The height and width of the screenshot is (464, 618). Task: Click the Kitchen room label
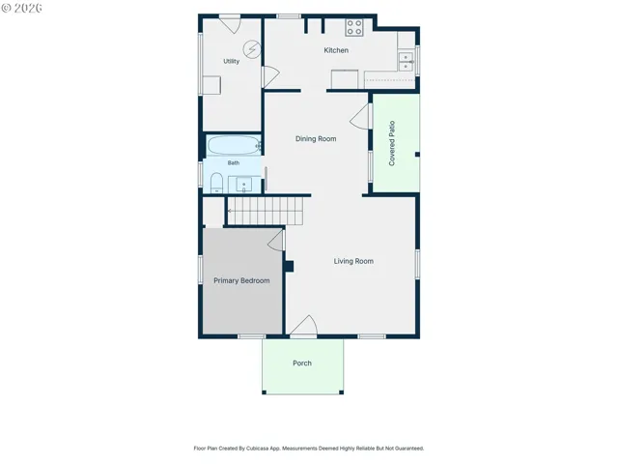pos(336,50)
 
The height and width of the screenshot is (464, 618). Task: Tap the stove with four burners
pos(354,28)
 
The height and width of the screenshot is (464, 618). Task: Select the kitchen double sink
pos(406,62)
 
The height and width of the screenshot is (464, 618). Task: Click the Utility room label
pos(231,61)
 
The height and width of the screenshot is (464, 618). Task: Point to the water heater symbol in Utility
pos(252,49)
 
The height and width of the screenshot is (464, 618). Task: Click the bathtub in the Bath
pos(234,145)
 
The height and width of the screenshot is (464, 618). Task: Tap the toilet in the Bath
pos(216,183)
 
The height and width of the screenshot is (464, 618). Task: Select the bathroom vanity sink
pos(243,185)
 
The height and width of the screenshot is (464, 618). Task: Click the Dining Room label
pos(316,139)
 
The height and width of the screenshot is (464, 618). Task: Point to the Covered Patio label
pos(392,143)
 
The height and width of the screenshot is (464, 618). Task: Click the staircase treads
pos(266,211)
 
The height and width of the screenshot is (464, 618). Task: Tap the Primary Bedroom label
pos(241,280)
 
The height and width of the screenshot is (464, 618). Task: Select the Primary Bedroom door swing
pos(276,241)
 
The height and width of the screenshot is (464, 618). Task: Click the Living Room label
pos(353,261)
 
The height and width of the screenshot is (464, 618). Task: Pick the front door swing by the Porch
pos(304,326)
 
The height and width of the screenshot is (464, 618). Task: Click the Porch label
pos(302,363)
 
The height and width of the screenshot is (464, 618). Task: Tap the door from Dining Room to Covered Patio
pos(360,117)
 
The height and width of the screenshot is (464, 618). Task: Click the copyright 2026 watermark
pos(21,8)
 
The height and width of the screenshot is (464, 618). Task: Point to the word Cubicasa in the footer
pos(258,449)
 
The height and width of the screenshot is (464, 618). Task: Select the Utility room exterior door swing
pos(230,24)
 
